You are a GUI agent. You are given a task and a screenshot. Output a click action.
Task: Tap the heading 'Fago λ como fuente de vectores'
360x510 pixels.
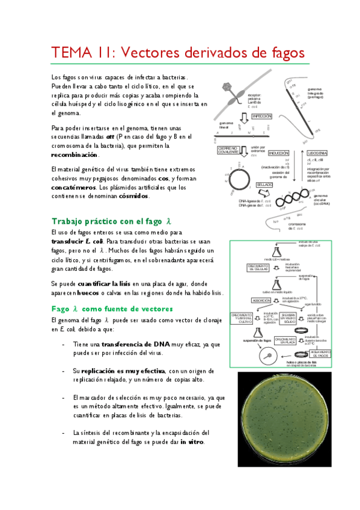click(112, 308)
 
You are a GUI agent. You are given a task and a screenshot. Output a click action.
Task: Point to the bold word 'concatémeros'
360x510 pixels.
click(81, 187)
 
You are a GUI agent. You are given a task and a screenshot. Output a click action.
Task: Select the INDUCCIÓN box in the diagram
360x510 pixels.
click(262, 153)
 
